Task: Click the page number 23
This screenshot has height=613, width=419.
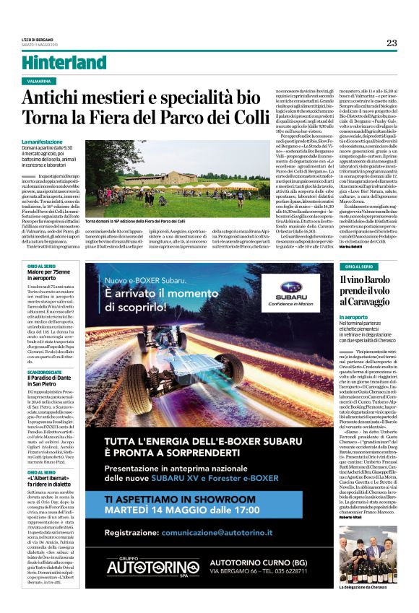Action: (x=391, y=43)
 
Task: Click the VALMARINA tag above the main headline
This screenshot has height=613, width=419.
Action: (x=40, y=82)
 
